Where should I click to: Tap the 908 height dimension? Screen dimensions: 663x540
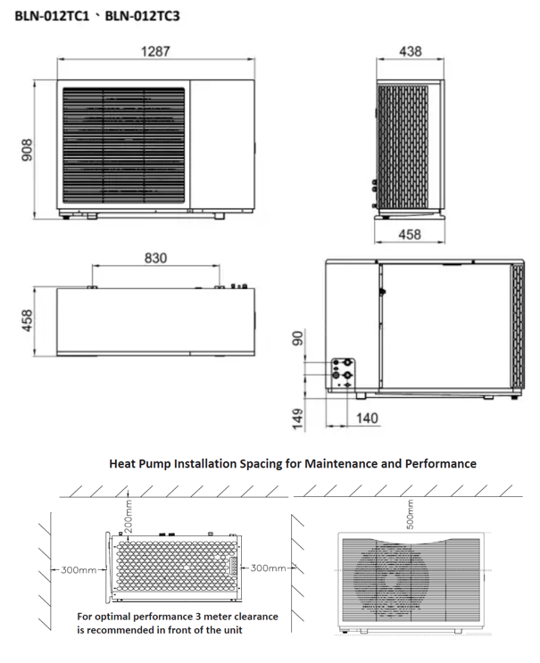click(x=28, y=151)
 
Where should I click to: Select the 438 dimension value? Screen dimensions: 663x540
click(x=410, y=52)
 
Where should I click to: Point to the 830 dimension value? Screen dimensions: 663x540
click(x=155, y=258)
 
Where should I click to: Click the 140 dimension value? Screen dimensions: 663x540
click(x=366, y=418)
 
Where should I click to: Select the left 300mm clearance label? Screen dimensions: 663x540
click(x=79, y=568)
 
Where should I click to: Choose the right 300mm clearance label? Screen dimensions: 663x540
click(x=269, y=568)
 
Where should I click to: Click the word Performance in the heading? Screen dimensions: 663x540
click(x=436, y=464)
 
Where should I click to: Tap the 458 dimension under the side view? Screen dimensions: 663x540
click(x=410, y=235)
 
